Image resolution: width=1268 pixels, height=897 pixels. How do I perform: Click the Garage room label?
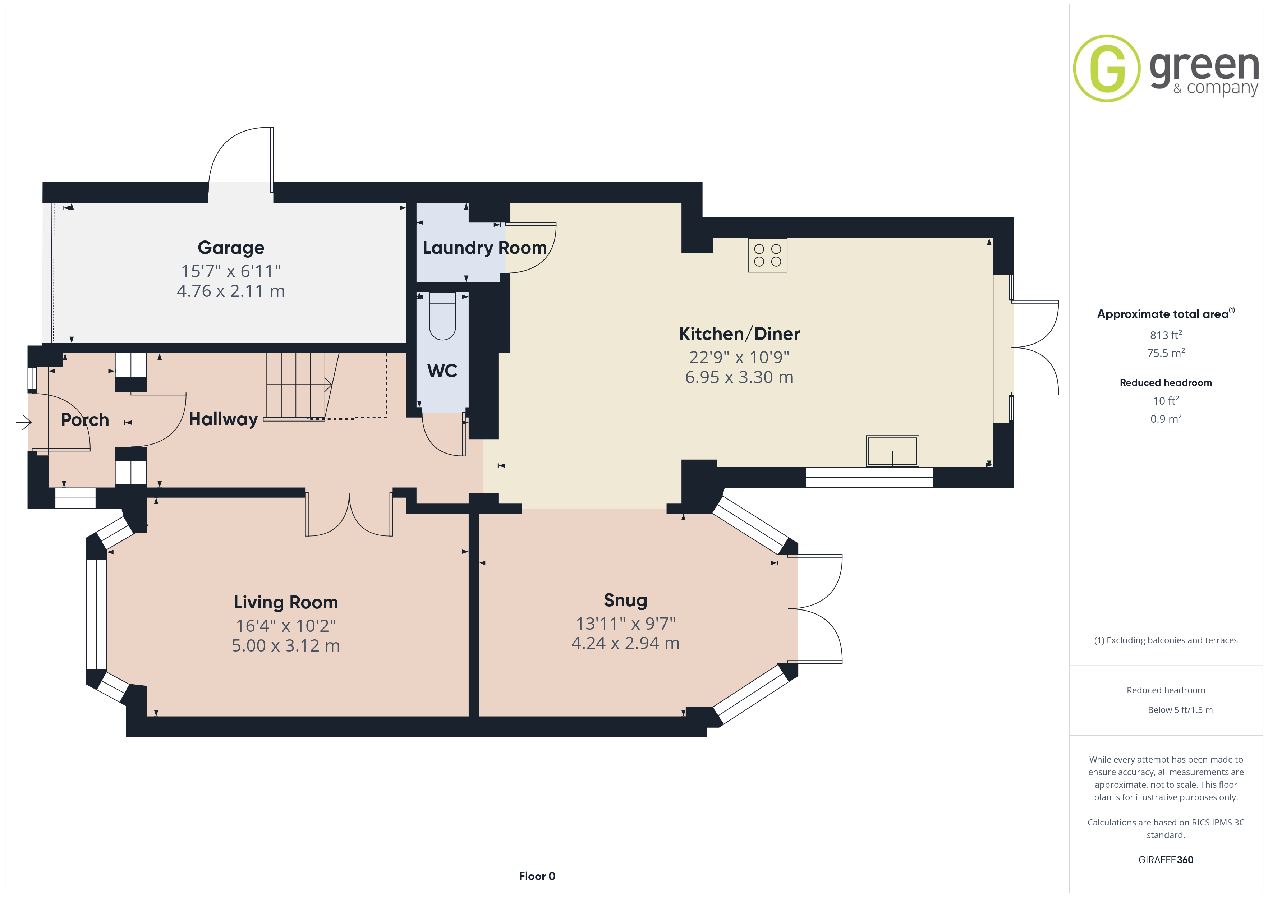click(231, 248)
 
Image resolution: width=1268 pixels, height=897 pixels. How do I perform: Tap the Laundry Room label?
click(484, 248)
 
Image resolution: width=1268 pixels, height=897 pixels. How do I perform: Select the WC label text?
click(442, 371)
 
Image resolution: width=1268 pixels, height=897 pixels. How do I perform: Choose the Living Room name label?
click(285, 602)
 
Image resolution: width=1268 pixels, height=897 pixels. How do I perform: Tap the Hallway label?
click(223, 420)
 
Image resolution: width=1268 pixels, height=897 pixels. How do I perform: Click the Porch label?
click(85, 420)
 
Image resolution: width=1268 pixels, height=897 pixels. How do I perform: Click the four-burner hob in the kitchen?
click(767, 255)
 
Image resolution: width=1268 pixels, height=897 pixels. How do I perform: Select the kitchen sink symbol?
click(892, 451)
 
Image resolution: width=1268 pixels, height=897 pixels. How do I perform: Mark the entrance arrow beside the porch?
click(24, 423)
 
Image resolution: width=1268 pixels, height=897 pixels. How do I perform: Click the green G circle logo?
click(1106, 69)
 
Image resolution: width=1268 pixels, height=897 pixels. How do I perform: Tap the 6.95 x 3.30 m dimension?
click(739, 377)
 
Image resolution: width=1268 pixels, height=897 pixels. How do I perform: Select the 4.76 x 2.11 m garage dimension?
click(231, 291)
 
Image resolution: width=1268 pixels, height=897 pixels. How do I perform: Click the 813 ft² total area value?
click(1166, 335)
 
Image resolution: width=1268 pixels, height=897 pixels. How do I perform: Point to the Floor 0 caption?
click(537, 876)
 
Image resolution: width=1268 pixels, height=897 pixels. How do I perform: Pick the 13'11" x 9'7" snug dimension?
click(625, 624)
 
